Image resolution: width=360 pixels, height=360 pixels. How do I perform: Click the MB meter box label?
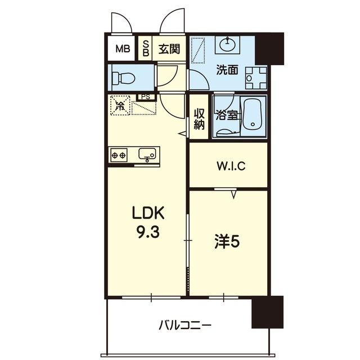click(123, 49)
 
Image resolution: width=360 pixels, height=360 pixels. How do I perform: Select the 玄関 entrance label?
click(169, 49)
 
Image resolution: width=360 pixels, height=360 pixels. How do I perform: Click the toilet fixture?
click(123, 78)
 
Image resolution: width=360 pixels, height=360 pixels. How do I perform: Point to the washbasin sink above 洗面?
click(227, 44)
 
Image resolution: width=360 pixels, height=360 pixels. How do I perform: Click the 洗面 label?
click(227, 70)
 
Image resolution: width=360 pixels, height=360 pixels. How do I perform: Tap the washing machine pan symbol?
click(256, 78)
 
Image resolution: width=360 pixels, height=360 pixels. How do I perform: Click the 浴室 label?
click(227, 115)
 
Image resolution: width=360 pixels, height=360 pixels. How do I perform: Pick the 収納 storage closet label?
click(199, 119)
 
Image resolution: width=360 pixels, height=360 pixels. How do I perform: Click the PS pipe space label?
click(146, 97)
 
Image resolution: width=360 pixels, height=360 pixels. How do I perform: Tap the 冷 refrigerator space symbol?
click(120, 105)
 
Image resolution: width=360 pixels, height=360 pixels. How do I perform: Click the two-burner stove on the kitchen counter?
click(119, 155)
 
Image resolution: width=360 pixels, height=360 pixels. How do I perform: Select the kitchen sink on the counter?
click(147, 154)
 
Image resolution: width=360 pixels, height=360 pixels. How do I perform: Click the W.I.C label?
click(231, 166)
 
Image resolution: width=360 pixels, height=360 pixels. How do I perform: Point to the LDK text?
click(148, 213)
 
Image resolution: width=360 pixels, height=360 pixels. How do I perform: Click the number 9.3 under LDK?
click(148, 233)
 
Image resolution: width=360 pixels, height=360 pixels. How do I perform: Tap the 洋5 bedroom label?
click(227, 242)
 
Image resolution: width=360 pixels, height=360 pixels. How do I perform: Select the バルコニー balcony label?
click(185, 325)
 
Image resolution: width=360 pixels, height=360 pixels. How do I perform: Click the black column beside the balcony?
click(268, 312)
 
